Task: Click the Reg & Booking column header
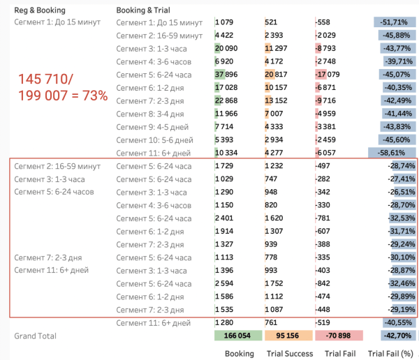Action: click(40, 10)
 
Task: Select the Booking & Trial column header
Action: click(143, 10)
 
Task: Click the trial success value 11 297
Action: click(277, 49)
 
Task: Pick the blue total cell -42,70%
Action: click(395, 336)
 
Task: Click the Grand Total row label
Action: click(35, 336)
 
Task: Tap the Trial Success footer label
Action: click(289, 353)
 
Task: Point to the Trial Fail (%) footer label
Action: click(391, 353)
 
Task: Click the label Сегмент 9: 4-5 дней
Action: click(150, 127)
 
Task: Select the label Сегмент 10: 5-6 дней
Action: click(152, 140)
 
